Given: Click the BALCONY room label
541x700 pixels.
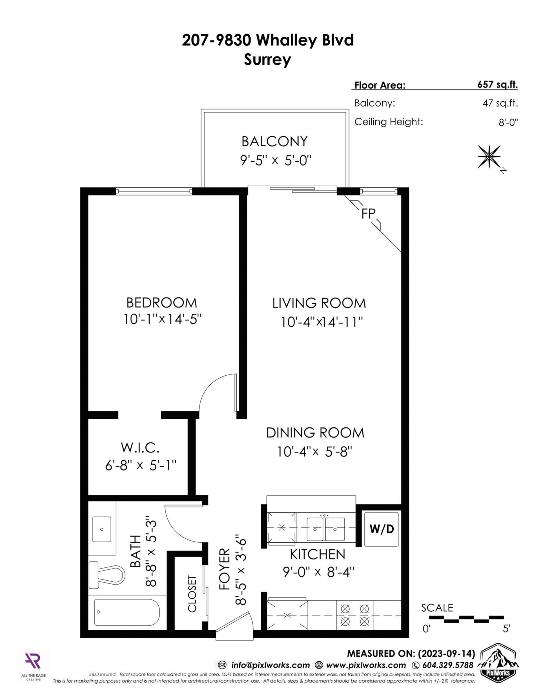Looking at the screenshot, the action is (274, 141).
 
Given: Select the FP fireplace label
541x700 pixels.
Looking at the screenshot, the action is (368, 214).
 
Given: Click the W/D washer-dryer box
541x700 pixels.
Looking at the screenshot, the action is (381, 529).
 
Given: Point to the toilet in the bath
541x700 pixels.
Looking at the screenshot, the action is (106, 575).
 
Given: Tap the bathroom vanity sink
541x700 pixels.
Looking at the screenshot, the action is (102, 529).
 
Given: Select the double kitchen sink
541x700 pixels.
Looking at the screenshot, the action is (326, 529).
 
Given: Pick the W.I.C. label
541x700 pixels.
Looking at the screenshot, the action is (140, 448).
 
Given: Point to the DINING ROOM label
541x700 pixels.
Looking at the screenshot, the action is (315, 433).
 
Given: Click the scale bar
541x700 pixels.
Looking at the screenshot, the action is (466, 619).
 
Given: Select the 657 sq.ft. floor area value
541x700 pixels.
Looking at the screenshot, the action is (497, 85).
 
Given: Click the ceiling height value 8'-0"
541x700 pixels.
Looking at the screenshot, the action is (508, 122).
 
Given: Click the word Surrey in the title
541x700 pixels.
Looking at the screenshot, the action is (267, 60).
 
